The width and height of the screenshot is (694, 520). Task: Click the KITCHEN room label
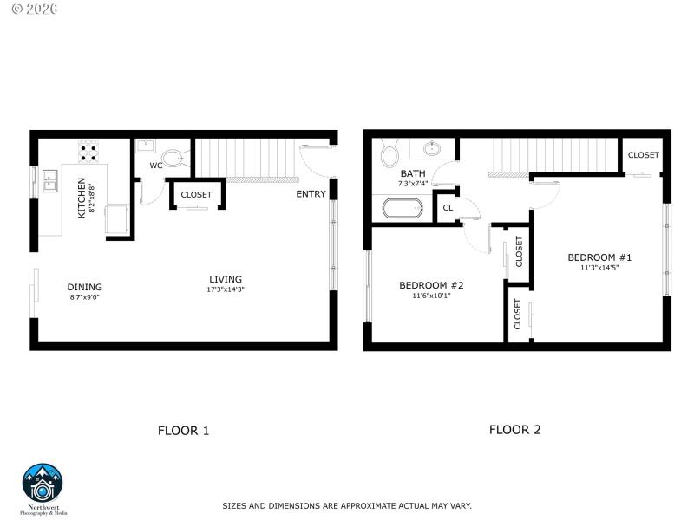point(82,197)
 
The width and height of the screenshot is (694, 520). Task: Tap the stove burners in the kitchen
point(88,153)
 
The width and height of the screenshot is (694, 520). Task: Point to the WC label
point(155,166)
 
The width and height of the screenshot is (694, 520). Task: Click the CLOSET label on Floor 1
point(196,195)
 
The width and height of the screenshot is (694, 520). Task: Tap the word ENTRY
point(311,194)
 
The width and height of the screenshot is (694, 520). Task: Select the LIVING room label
point(226,279)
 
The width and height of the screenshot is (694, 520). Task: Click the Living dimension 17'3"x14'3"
point(226,290)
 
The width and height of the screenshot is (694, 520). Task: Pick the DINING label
point(85,287)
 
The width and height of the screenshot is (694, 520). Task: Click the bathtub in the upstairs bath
point(403,208)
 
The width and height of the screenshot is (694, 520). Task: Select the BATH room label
point(413,173)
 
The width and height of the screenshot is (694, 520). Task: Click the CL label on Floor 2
point(448,208)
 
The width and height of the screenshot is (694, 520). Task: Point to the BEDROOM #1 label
point(599,257)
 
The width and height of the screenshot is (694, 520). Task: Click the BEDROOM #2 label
point(431,285)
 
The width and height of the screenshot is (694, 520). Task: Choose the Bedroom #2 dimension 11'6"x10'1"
point(431,296)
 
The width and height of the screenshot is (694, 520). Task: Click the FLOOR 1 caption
point(183,430)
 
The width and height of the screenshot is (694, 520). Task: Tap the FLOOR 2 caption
point(514,429)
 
